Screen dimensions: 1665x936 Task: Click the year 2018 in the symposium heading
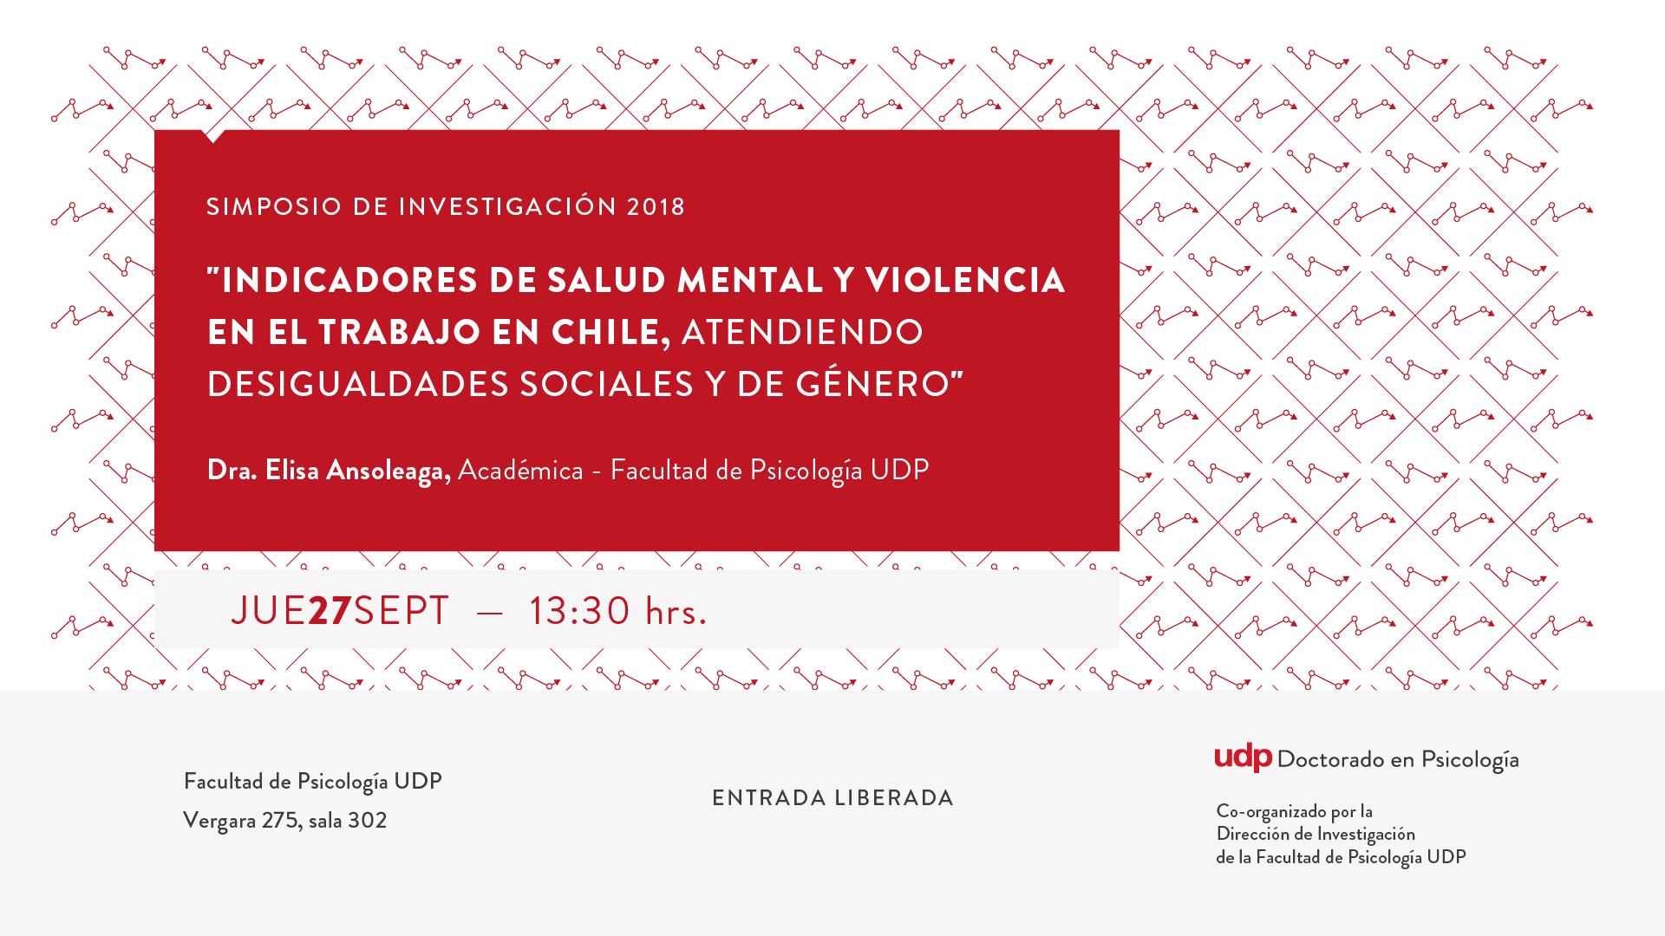(x=656, y=207)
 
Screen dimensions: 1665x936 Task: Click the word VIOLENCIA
(x=965, y=280)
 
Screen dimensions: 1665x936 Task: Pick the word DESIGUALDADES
(x=358, y=384)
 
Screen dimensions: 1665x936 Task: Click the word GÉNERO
(x=872, y=382)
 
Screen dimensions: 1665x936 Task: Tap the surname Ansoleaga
(x=387, y=471)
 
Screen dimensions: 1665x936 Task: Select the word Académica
(x=520, y=470)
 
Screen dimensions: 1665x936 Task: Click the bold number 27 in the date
(x=330, y=611)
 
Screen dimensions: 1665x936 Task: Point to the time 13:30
(x=579, y=611)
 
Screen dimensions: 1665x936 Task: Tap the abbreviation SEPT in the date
(x=401, y=611)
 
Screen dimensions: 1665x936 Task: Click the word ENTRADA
(x=769, y=798)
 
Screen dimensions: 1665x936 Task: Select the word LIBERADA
(x=894, y=798)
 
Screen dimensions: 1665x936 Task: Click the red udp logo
(x=1243, y=757)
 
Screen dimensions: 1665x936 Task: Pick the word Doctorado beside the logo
(x=1331, y=759)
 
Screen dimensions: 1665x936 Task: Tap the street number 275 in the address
(x=280, y=820)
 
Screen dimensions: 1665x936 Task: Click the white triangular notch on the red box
(x=213, y=135)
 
